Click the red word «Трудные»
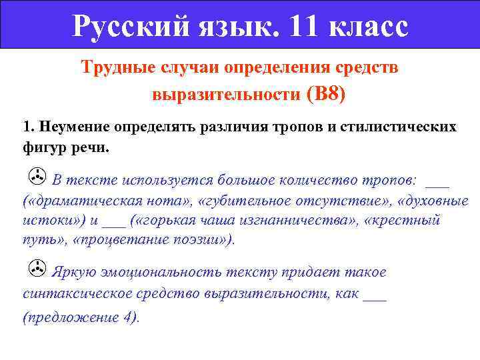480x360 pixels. pos(116,69)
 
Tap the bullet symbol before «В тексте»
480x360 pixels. pos(37,177)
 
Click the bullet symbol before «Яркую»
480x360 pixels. pos(37,270)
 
